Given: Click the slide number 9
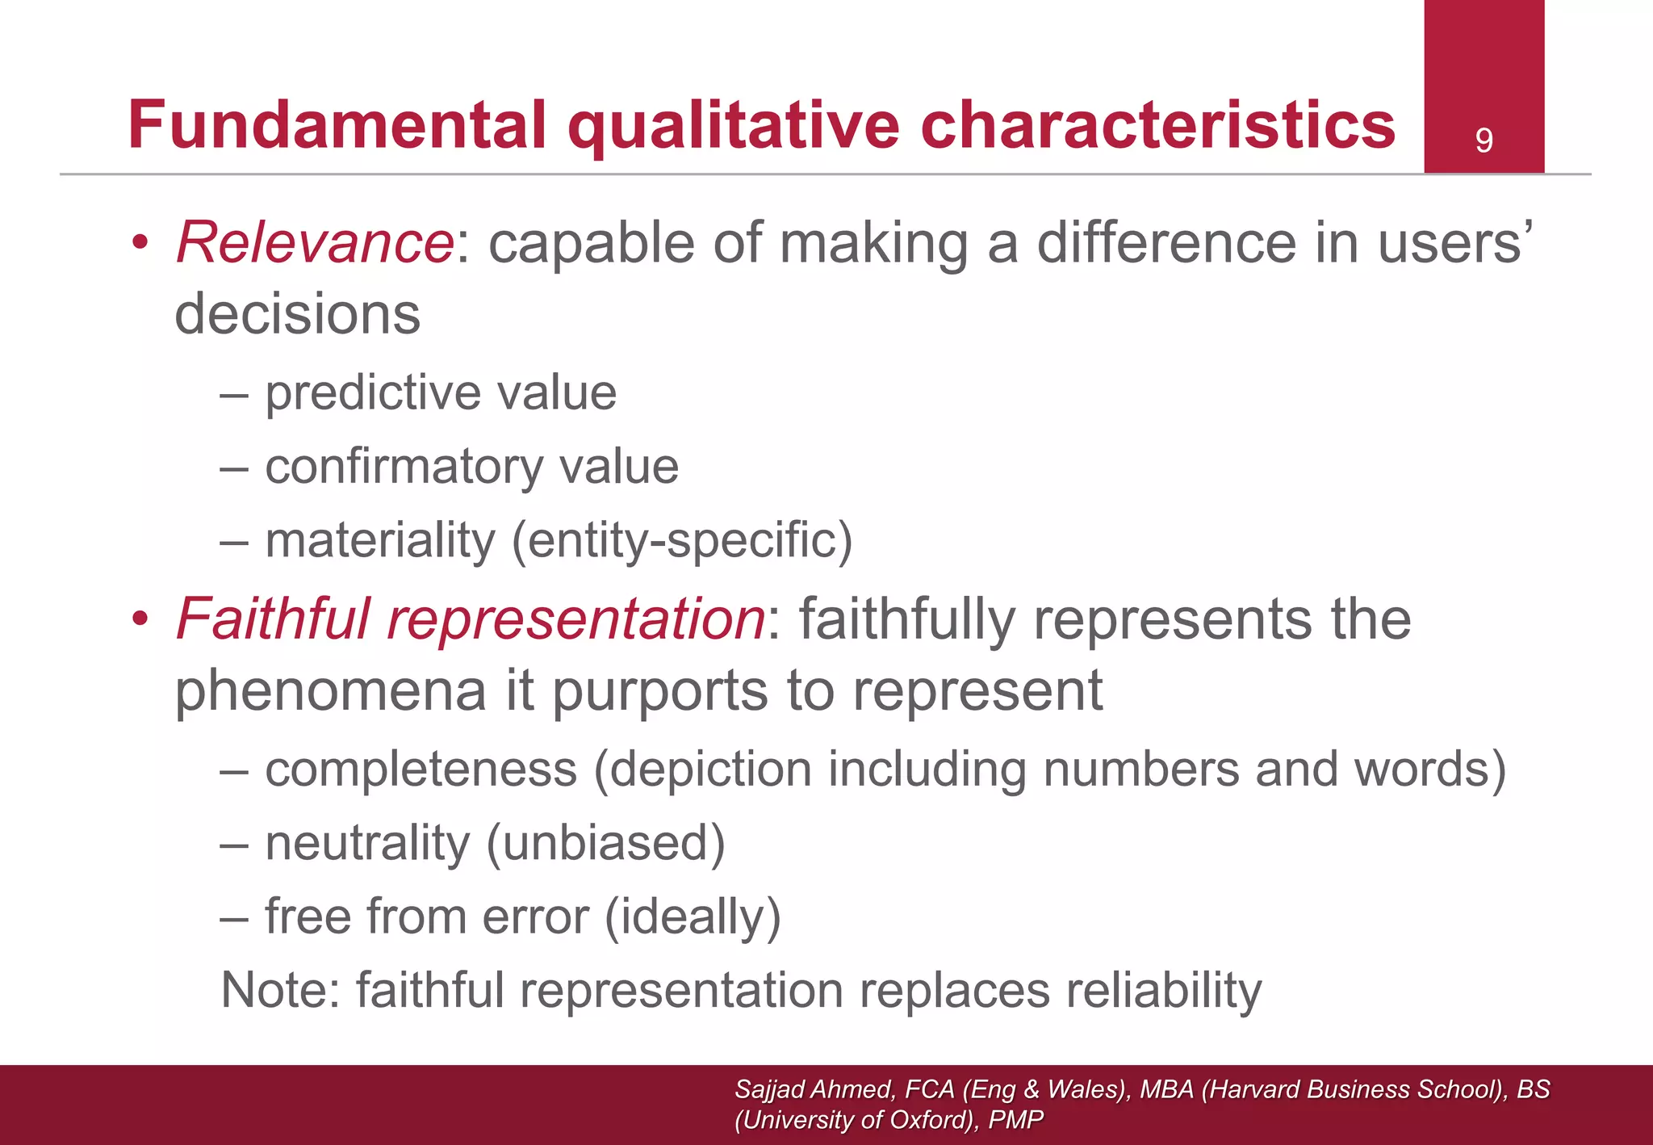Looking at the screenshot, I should (x=1484, y=141).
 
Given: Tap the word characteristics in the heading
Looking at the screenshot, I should (x=1157, y=125).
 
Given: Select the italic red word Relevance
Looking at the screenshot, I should (x=315, y=242).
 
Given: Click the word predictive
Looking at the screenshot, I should (x=372, y=393).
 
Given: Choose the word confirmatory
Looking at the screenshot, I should (x=404, y=467).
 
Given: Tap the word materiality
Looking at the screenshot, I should (x=380, y=540).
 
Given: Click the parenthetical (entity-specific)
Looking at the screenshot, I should (x=682, y=540).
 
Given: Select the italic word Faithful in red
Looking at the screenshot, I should (x=273, y=619).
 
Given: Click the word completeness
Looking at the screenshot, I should (x=421, y=769).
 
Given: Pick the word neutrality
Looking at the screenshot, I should (x=367, y=843).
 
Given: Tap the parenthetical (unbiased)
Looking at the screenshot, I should (x=605, y=843).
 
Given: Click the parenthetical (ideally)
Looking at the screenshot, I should (x=693, y=917).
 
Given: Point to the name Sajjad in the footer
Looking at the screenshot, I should (x=770, y=1089).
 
